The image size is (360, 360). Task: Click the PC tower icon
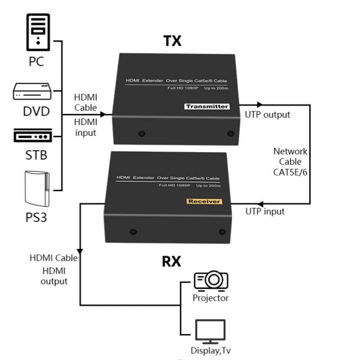click(x=37, y=32)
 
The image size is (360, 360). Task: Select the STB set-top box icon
click(x=33, y=135)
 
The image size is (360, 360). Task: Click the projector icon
click(x=211, y=281)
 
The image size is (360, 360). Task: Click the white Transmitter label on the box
click(x=207, y=107)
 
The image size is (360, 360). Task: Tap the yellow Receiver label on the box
click(x=204, y=201)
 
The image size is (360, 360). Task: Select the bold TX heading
click(x=172, y=41)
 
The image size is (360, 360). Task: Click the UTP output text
click(x=267, y=115)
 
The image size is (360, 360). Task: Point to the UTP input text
click(x=265, y=211)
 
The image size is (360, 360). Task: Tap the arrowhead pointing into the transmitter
click(x=103, y=114)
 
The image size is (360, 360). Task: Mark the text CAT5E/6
click(x=291, y=171)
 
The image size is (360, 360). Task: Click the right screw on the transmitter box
click(x=231, y=134)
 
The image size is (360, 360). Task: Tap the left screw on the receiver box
click(x=133, y=232)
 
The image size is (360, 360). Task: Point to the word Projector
click(x=211, y=298)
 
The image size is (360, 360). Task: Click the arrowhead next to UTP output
click(x=259, y=105)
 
